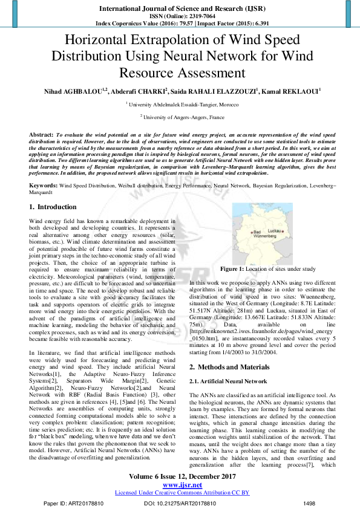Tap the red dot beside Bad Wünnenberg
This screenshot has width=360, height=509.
click(251, 233)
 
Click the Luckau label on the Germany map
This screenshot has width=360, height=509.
click(273, 231)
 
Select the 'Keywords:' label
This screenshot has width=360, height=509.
click(44, 184)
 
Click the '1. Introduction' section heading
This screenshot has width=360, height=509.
click(53, 207)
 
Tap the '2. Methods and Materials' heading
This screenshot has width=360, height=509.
click(229, 367)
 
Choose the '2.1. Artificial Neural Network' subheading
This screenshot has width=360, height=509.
click(227, 381)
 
